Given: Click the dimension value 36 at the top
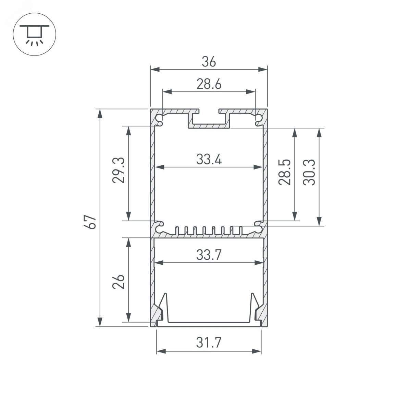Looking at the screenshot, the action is click(209, 62).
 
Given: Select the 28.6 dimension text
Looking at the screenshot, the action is click(209, 84).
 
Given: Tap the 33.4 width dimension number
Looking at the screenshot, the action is click(209, 159).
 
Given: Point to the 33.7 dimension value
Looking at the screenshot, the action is click(209, 255).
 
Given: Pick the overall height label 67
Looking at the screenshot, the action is click(90, 222).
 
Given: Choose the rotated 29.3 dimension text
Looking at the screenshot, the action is click(119, 170).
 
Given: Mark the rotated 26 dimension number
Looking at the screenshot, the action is click(119, 282).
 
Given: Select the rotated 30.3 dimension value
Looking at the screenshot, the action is click(309, 172).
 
